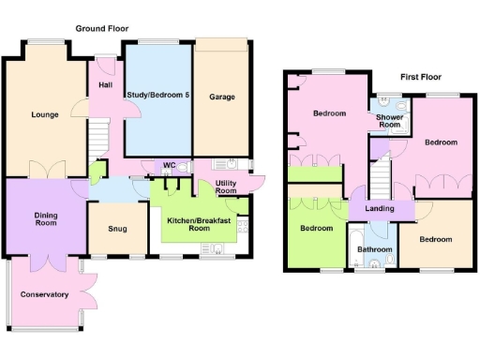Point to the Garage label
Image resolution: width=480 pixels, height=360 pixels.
[x=222, y=97]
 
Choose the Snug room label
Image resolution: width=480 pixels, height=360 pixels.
[x=117, y=228]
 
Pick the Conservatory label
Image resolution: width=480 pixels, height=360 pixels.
[x=44, y=294]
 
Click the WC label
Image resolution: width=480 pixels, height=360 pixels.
[x=169, y=166]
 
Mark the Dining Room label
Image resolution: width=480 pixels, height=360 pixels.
[x=45, y=220]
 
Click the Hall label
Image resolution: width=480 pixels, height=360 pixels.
[x=104, y=87]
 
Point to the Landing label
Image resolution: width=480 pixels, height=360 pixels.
[x=380, y=208]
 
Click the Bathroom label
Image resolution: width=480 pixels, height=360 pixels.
[x=374, y=249]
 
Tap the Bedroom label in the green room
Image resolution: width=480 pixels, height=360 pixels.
[x=316, y=228]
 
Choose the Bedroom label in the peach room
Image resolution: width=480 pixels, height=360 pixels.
[x=435, y=239]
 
